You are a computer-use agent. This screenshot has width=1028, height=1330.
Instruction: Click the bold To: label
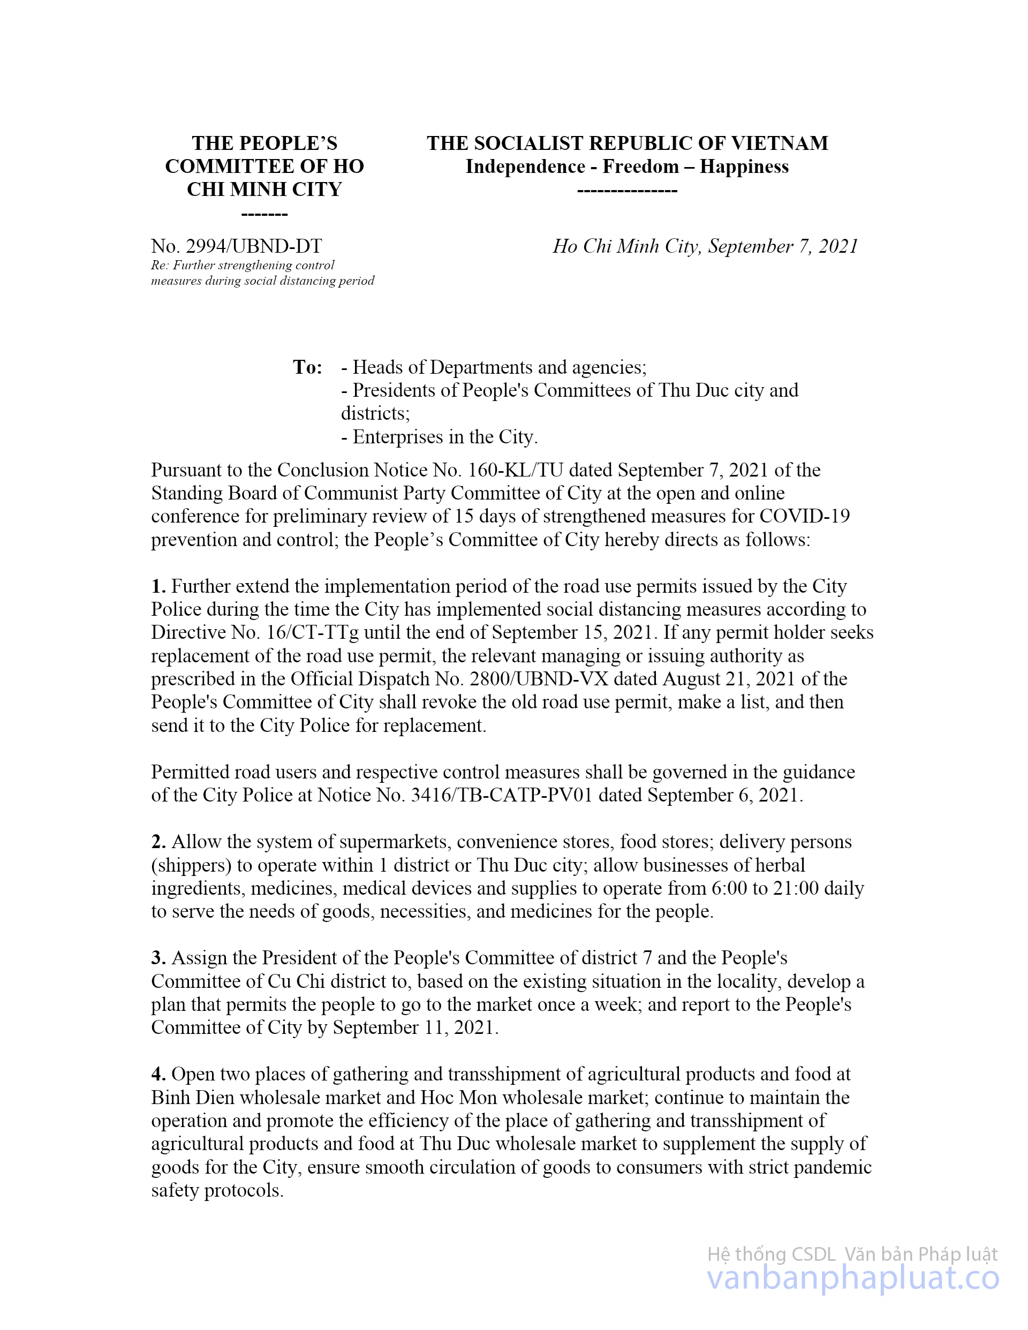(x=307, y=367)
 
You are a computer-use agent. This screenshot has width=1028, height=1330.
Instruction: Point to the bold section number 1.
(x=158, y=586)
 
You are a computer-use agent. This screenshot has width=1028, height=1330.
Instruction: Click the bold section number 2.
(x=158, y=842)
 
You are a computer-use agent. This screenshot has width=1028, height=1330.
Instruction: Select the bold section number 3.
(x=158, y=958)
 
